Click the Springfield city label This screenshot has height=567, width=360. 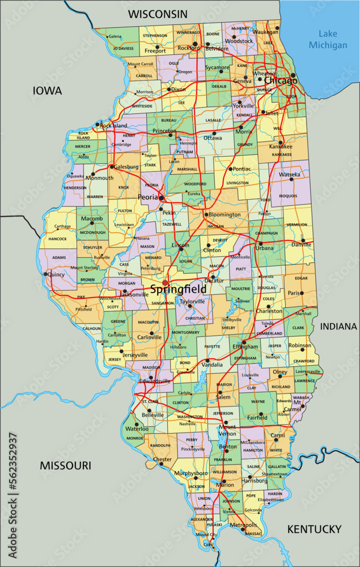point(177,289)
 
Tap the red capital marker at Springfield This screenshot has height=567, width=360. point(165,282)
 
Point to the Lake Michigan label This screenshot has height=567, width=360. point(332,39)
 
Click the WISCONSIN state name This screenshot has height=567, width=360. point(157,13)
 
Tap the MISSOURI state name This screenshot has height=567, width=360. point(65,465)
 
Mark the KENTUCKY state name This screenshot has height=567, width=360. point(314,529)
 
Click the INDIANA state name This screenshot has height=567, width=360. point(338,327)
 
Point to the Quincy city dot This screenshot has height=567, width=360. point(45,273)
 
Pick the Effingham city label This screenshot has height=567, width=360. point(245,346)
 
